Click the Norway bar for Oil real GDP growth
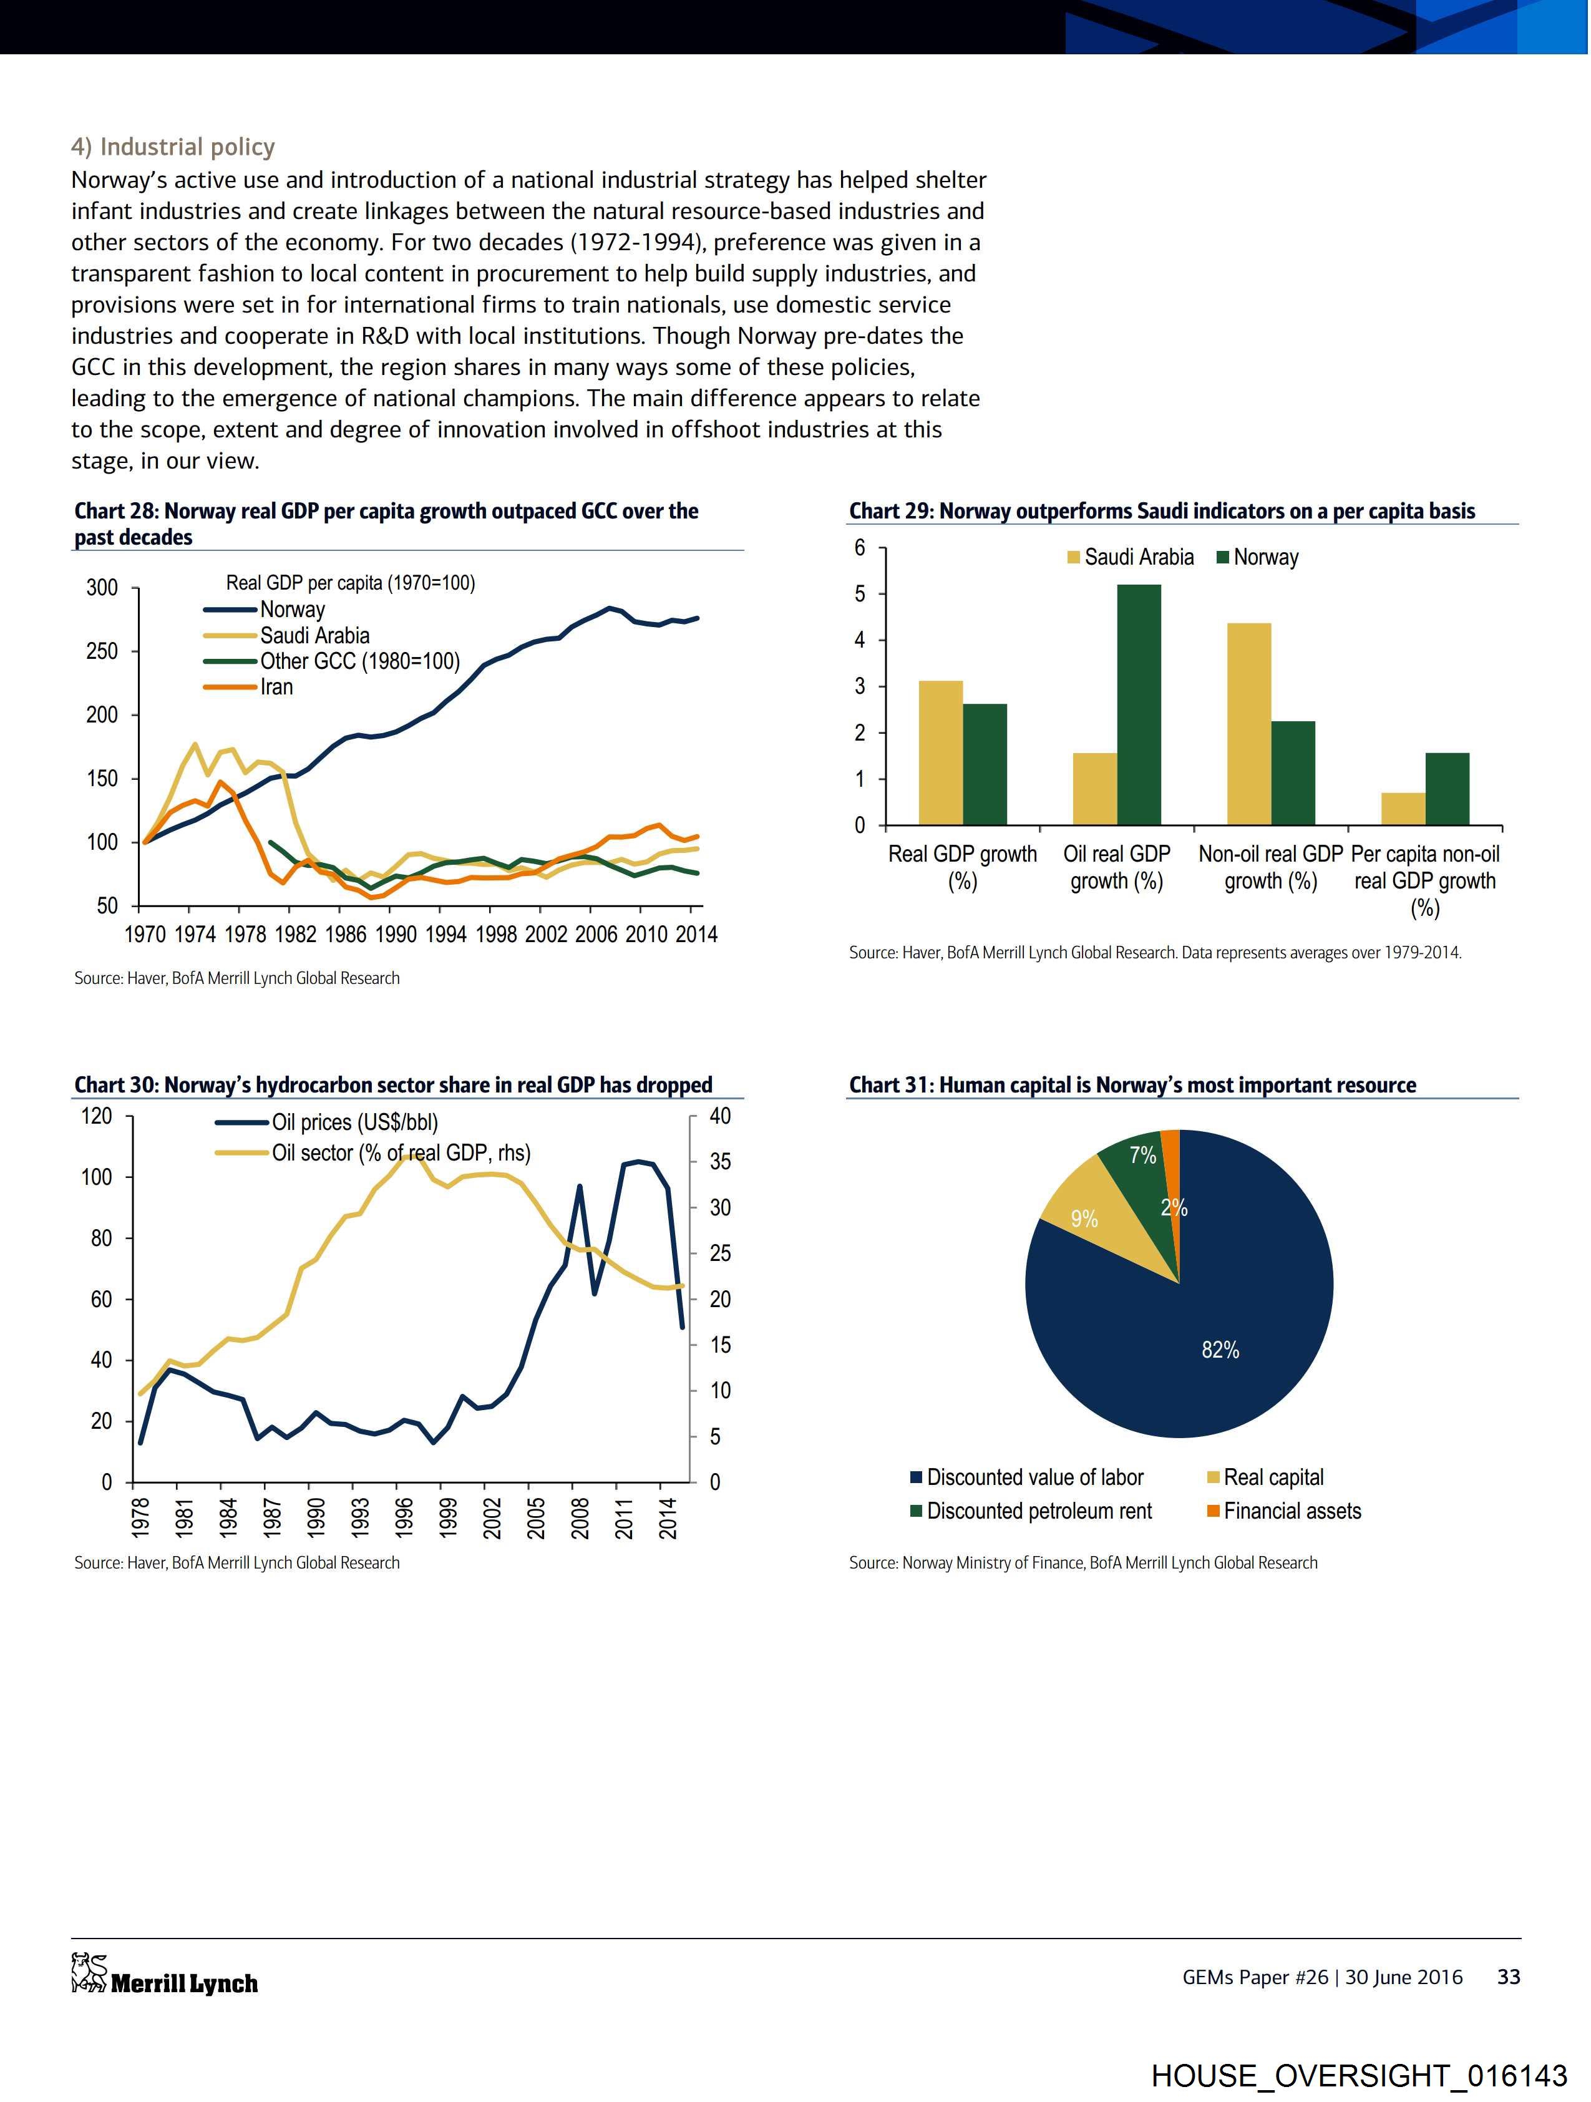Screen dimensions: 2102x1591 click(x=1139, y=704)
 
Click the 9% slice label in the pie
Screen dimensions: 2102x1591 click(x=1084, y=1219)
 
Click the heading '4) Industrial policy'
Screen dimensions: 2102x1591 click(x=173, y=147)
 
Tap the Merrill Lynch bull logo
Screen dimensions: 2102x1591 click(x=89, y=1973)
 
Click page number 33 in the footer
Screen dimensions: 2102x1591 click(x=1508, y=1977)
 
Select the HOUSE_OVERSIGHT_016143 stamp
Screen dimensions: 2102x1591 click(x=1359, y=2075)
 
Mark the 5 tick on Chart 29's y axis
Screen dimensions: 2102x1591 click(x=860, y=594)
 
